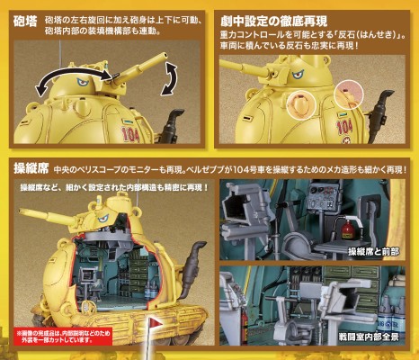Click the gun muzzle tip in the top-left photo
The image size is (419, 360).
coord(165,55)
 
